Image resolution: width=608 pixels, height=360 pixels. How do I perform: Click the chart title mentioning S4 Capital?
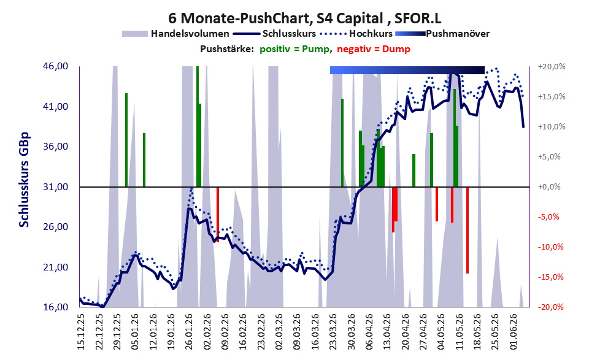[304, 18]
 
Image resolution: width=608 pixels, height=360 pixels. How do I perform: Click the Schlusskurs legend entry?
[274, 34]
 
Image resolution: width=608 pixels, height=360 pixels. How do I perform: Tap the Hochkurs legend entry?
[356, 34]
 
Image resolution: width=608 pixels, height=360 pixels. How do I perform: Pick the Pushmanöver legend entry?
[442, 34]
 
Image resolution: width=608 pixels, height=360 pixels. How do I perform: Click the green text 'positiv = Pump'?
[294, 49]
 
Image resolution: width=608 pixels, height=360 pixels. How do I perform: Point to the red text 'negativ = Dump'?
[374, 49]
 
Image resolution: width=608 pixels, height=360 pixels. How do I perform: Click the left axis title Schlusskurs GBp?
[24, 180]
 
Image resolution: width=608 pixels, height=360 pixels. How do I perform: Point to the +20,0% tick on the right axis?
[552, 67]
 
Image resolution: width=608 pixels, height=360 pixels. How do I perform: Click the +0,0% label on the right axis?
[550, 187]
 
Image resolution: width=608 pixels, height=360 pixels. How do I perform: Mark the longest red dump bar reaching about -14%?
[468, 230]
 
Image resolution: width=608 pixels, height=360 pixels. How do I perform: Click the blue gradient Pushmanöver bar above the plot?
[407, 70]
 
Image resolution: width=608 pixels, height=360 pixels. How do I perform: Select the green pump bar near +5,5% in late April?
[414, 170]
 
